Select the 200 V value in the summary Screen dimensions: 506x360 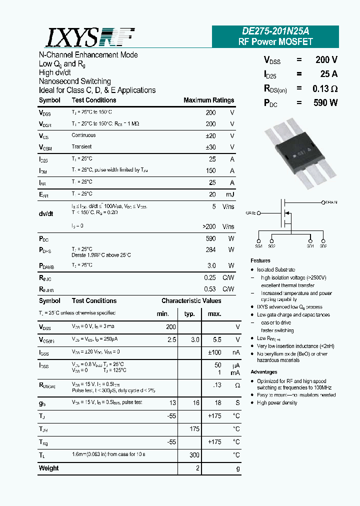coord(326,60)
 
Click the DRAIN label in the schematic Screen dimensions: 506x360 coord(331,202)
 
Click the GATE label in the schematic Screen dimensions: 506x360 coord(251,213)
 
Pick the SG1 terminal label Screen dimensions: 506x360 coord(258,246)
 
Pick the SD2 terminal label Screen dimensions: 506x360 coord(323,246)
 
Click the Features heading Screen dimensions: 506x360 coord(260,260)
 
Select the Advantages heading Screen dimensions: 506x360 coord(263,372)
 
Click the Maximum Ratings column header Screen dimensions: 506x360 coord(208,100)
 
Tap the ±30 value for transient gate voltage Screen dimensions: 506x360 coord(210,147)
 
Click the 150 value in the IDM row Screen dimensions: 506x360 coord(210,170)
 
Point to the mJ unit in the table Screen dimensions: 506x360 coord(229,194)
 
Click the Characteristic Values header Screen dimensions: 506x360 coord(191,301)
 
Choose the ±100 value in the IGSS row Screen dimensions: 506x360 coord(214,352)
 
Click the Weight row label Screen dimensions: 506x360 coord(48,468)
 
